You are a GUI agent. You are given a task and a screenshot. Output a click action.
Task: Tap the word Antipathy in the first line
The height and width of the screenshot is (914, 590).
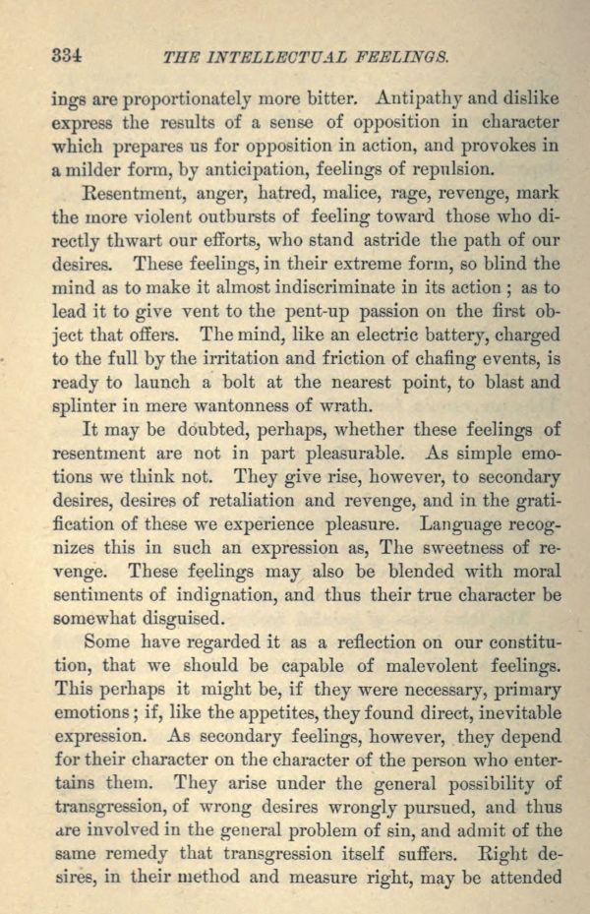click(415, 98)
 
